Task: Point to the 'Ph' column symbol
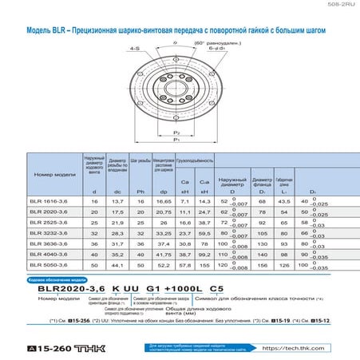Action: (140, 192)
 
